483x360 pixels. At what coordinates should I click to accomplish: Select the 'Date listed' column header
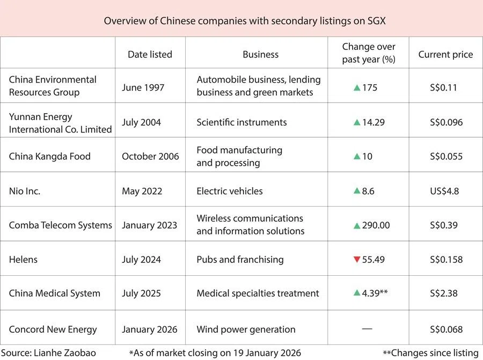150,54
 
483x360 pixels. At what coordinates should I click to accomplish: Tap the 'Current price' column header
445,54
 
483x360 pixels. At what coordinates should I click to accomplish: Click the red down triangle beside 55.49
356,260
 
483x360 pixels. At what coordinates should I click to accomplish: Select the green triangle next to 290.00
356,225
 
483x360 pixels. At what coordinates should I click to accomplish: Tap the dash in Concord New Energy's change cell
367,328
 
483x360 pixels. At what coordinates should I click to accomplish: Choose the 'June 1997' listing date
143,87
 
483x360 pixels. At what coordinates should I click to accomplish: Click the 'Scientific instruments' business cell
241,122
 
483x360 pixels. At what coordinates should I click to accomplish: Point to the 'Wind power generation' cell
246,329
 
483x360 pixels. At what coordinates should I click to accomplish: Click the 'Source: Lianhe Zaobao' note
49,352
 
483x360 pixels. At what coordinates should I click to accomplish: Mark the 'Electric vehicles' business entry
230,190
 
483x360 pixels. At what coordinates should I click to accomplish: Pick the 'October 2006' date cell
150,156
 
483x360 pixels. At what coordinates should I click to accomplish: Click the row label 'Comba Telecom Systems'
60,225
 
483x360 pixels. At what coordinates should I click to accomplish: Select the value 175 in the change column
370,87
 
